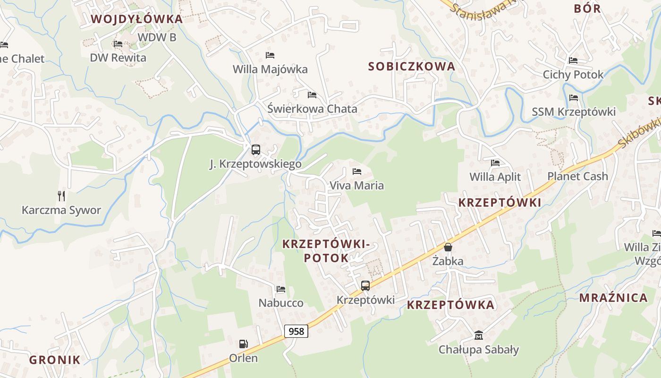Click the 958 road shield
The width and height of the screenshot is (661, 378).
click(296, 331)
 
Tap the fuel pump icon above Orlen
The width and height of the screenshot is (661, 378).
click(244, 344)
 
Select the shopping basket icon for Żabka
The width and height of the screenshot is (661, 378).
click(448, 247)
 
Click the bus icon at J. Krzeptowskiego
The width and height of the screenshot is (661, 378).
click(255, 150)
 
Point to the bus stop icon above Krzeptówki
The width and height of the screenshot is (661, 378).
click(365, 285)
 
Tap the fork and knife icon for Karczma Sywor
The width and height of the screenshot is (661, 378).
click(61, 196)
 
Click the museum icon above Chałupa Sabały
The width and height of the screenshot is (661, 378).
click(478, 335)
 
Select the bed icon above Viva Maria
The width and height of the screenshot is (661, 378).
click(356, 171)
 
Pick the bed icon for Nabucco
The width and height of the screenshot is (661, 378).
click(281, 289)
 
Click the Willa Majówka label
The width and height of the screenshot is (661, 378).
click(270, 69)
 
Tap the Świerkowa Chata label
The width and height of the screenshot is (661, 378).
click(312, 109)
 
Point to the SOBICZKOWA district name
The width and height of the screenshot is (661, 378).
click(412, 67)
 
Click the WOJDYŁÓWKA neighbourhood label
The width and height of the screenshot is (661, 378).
click(136, 19)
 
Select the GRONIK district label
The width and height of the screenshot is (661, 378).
click(55, 360)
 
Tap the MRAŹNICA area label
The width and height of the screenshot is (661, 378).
click(613, 298)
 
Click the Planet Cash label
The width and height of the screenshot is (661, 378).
click(577, 176)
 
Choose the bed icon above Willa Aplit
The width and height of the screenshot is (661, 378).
click(495, 163)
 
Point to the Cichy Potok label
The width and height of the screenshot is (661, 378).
click(573, 75)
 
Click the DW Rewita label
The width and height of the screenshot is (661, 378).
click(118, 58)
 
